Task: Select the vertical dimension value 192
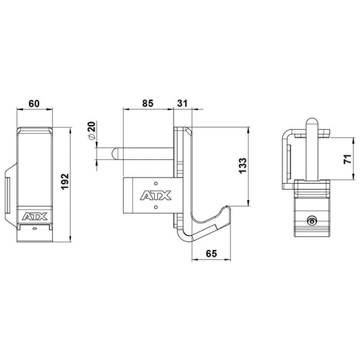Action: coord(66,182)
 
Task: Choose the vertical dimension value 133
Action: coord(244,165)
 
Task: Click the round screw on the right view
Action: coord(311,222)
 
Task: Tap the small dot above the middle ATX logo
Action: coord(155,183)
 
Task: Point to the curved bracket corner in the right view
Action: coord(287,132)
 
